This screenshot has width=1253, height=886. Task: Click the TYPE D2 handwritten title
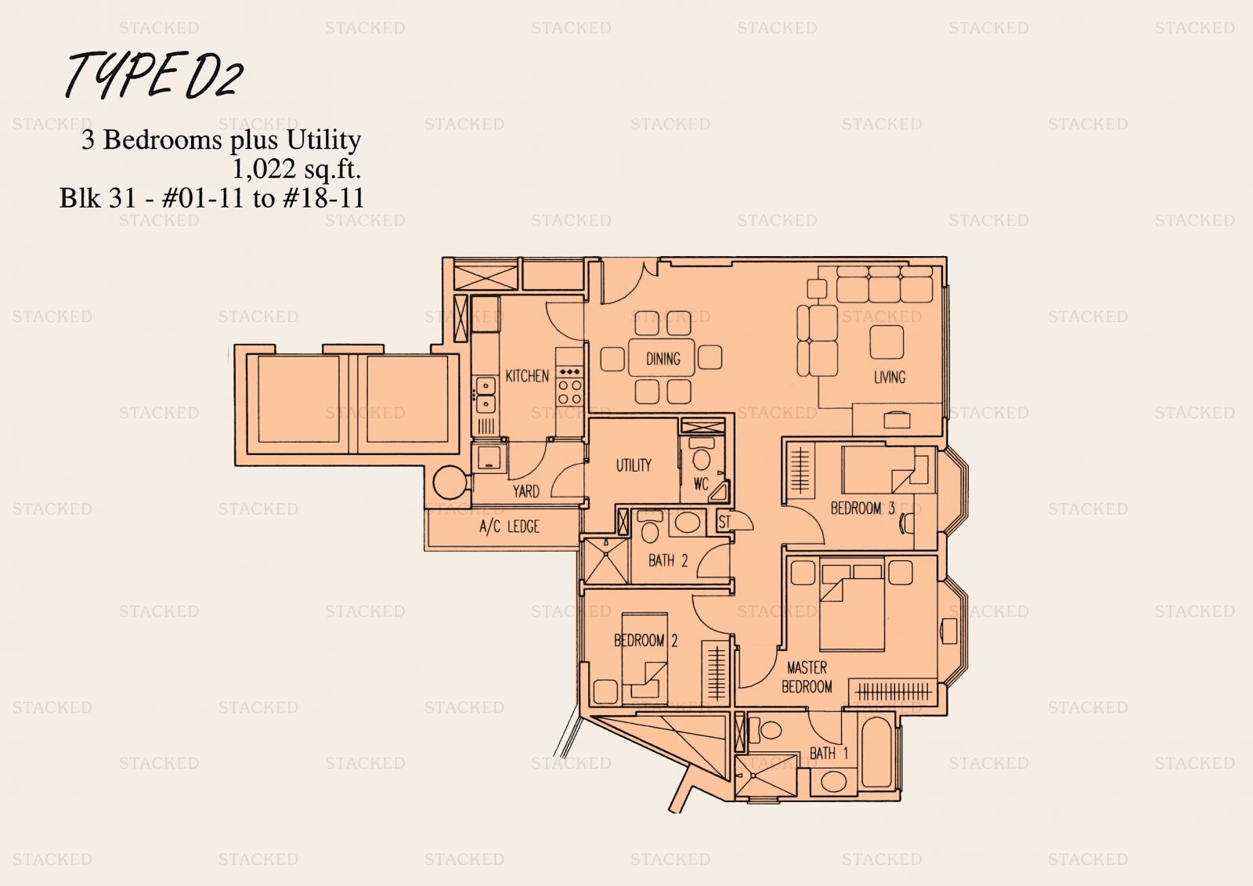153,75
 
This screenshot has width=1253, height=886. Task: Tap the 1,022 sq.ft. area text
297,168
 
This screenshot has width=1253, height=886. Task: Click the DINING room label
663,359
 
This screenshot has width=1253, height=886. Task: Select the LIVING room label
890,378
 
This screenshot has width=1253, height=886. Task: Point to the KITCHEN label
527,375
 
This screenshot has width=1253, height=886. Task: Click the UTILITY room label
634,465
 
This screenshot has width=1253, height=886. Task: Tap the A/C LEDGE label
509,526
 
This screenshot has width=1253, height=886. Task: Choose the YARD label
525,491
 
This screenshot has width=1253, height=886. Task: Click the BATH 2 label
668,560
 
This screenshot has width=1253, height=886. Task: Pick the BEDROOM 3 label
862,508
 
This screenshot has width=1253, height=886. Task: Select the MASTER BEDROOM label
807,677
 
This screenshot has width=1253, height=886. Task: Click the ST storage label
724,522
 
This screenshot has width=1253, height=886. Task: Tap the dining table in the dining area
662,358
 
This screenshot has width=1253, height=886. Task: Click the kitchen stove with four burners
569,385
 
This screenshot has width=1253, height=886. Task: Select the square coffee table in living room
886,342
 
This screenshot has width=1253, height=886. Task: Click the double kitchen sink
486,394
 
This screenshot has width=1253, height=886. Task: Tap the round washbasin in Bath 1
833,782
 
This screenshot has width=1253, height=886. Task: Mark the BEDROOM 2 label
645,640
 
